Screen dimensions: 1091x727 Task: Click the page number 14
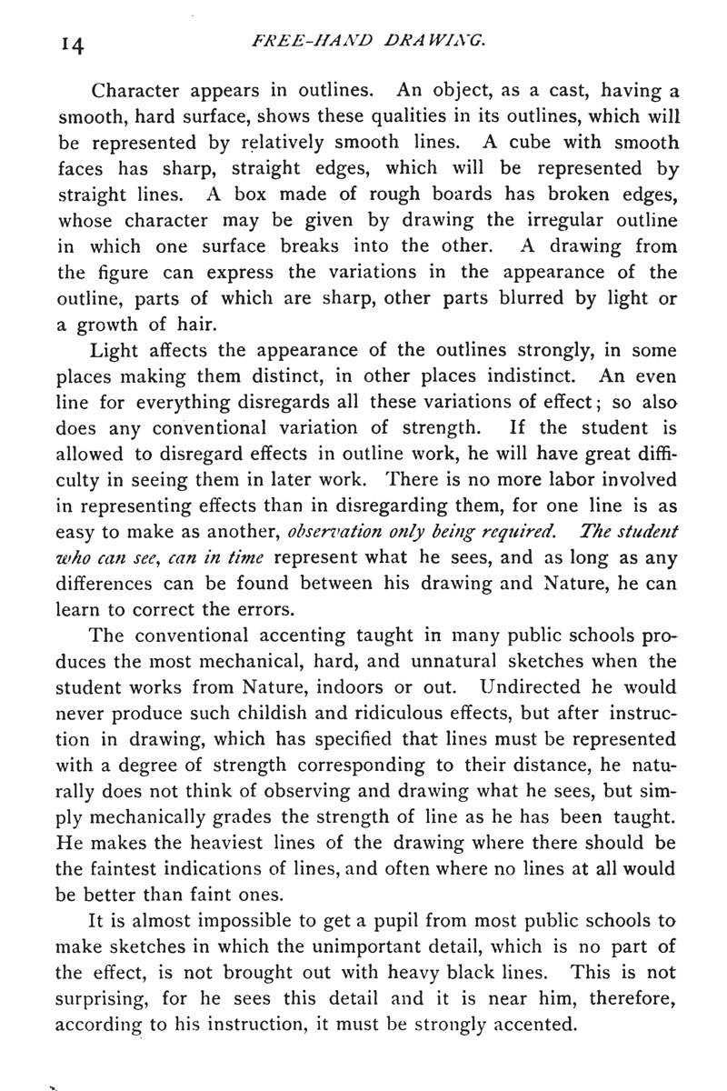[x=69, y=43]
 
